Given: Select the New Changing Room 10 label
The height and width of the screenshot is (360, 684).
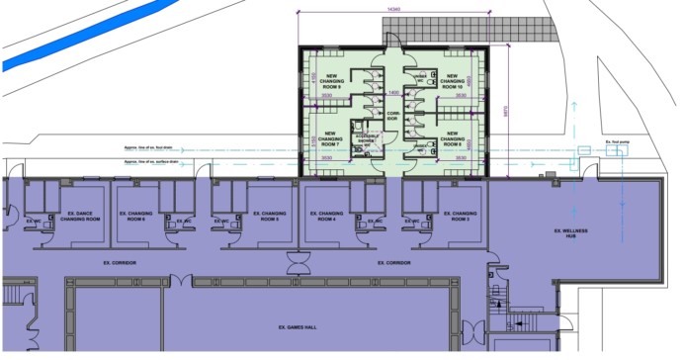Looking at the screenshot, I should (x=452, y=82).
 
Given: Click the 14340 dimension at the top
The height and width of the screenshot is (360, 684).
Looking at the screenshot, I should (x=393, y=9).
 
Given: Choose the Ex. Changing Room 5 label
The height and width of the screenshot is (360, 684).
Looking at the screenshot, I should (x=264, y=215).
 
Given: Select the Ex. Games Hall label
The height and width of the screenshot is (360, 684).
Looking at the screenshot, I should (x=296, y=325).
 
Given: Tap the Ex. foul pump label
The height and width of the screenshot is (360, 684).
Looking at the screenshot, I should (x=618, y=142).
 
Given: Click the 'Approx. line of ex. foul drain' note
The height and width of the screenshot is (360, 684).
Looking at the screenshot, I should (x=148, y=148).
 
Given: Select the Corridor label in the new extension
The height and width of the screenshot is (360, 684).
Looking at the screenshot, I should (x=391, y=118).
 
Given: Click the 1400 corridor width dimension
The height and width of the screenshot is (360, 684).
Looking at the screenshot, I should (x=392, y=92).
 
